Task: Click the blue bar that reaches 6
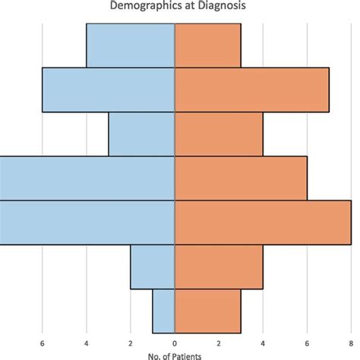109,90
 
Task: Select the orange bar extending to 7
252,90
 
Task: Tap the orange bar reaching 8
263,223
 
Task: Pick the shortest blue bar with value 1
164,311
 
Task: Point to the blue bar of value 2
153,267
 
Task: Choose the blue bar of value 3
142,134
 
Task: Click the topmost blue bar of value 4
131,46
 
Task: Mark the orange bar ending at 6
241,178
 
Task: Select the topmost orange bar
208,46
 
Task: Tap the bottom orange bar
208,311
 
